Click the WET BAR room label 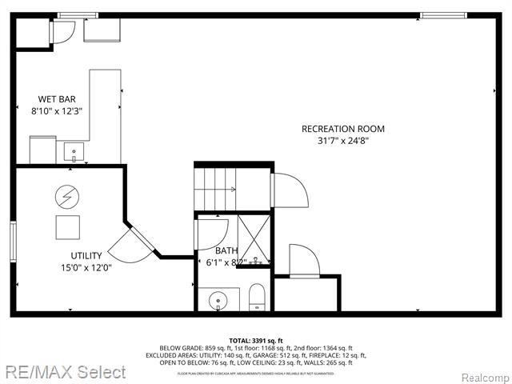51,99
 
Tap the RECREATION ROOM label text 342,129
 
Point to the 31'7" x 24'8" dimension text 342,141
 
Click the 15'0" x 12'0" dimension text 86,268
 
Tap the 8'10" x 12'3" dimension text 58,111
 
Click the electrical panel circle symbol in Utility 66,195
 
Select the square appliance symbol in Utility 67,228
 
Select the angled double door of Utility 132,242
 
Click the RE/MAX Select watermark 63,372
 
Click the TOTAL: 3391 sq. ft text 256,340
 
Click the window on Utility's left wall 12,240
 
